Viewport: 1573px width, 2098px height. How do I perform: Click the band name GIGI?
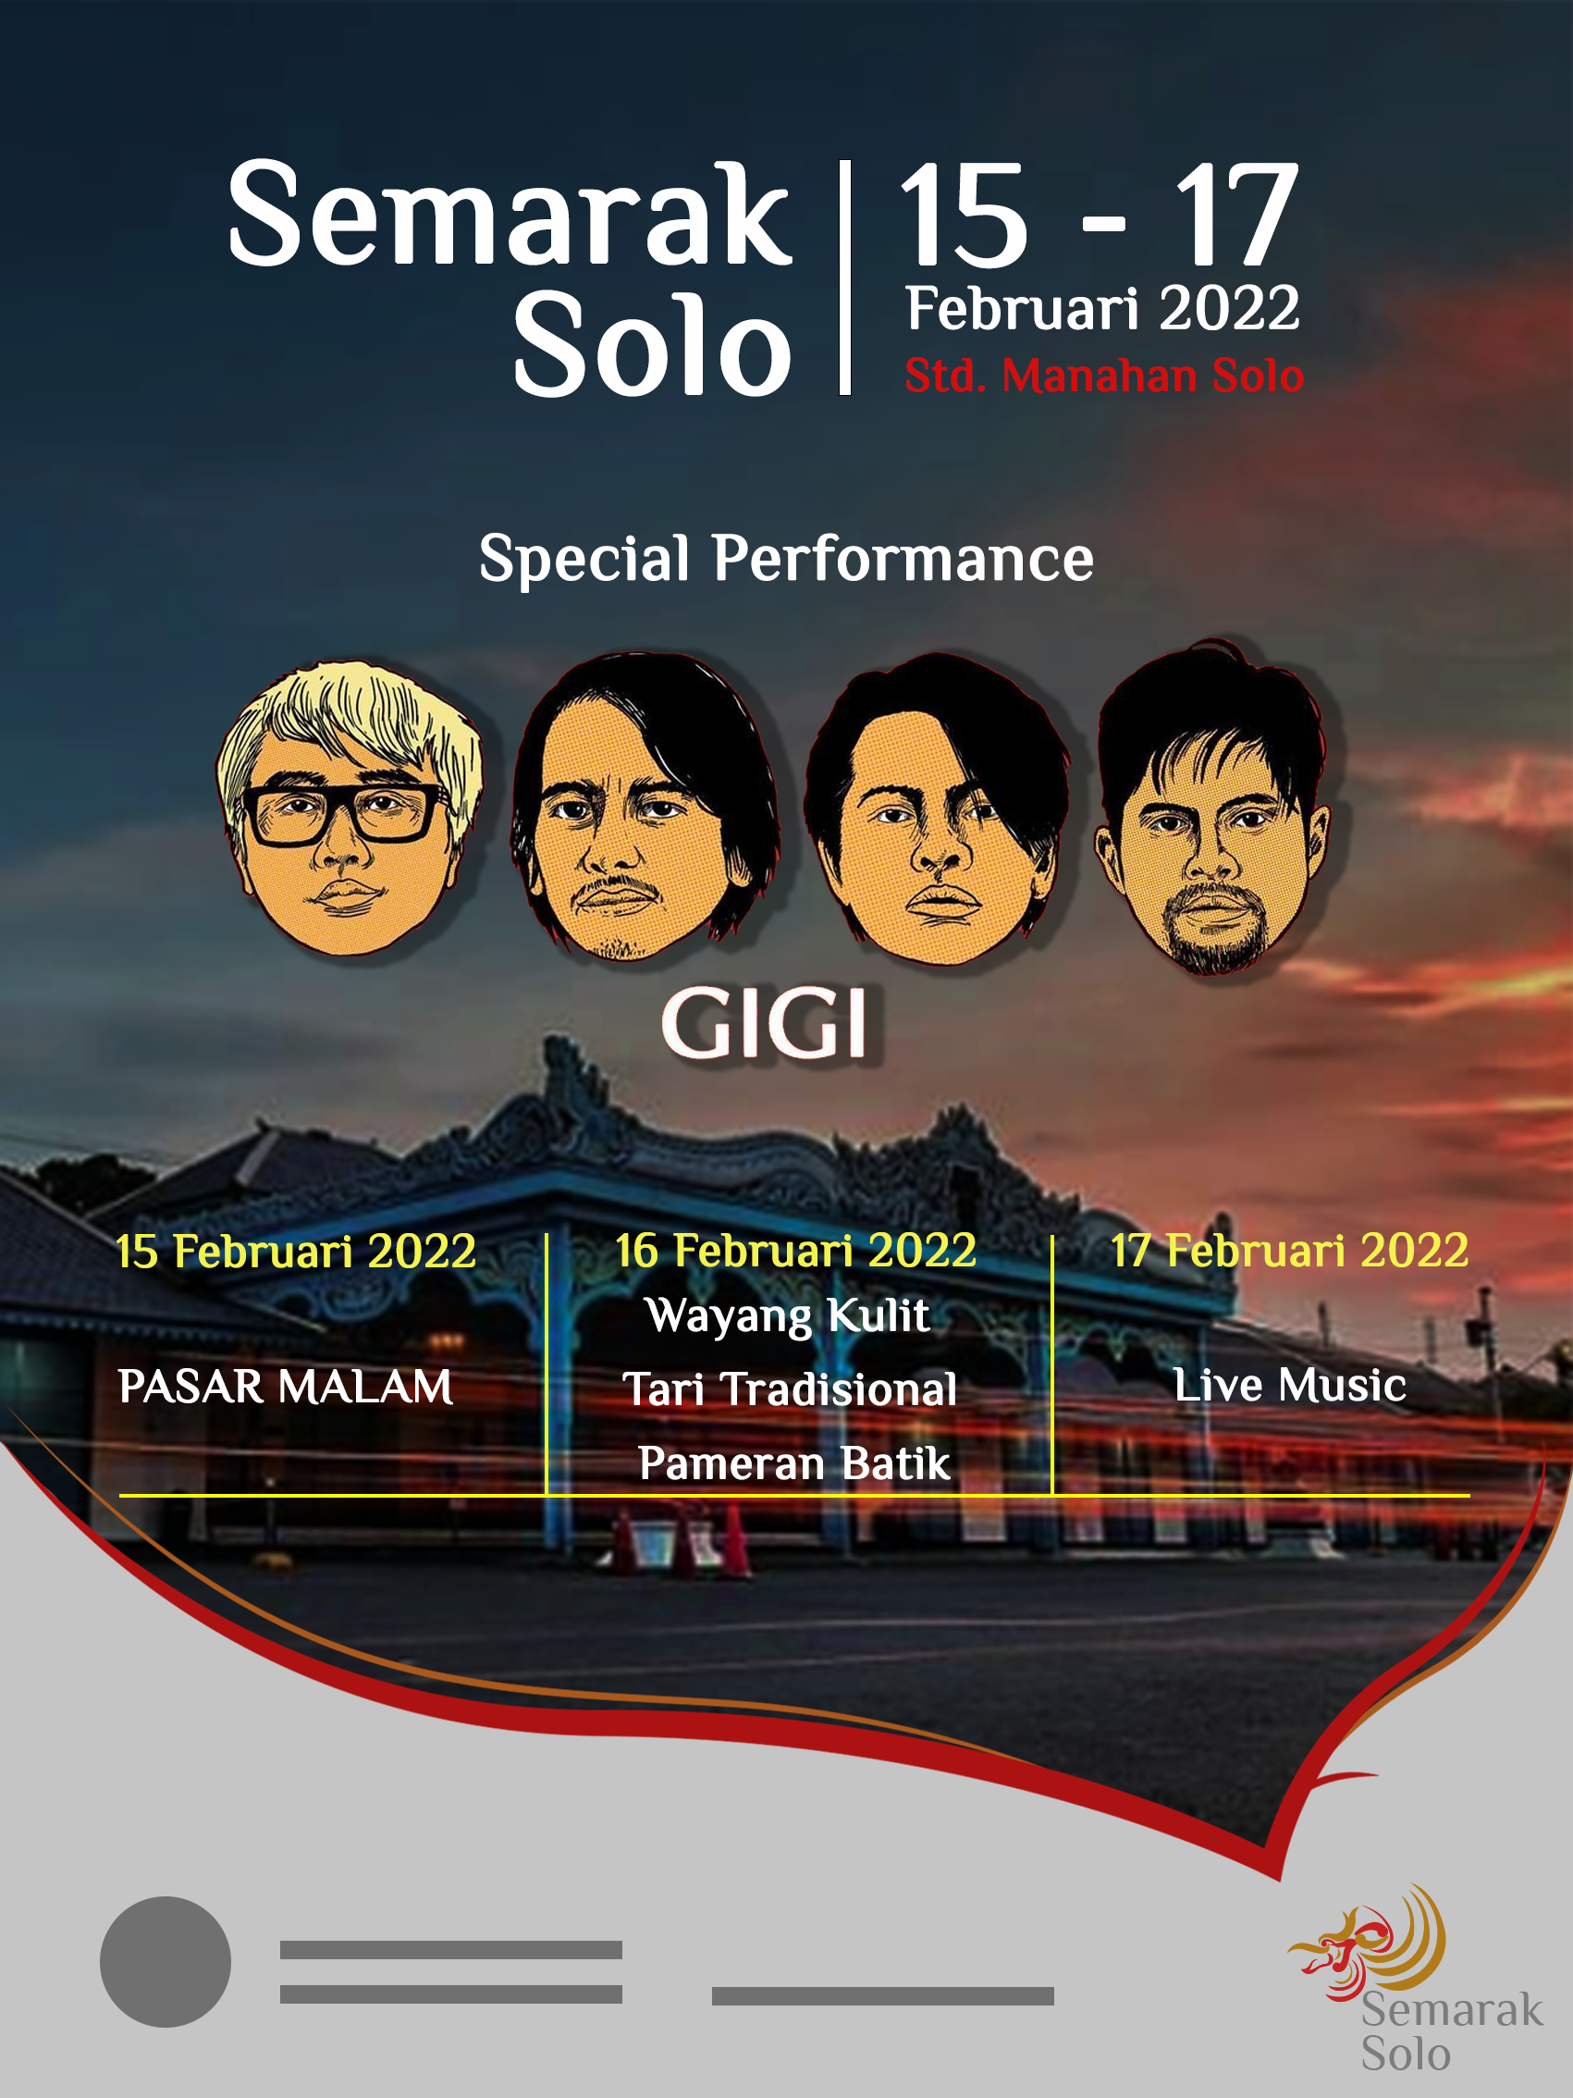pos(764,1022)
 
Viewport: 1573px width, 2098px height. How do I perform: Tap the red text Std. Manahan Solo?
pos(1103,376)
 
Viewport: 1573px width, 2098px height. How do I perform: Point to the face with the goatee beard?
pos(1211,808)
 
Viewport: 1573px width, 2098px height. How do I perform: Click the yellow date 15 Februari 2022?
pos(296,1251)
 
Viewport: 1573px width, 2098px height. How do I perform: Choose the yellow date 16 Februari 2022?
pos(795,1250)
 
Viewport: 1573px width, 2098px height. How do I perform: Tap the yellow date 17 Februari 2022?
pos(1289,1250)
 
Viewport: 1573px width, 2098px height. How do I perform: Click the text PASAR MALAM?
pos(286,1387)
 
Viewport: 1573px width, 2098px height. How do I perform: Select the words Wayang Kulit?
pos(788,1316)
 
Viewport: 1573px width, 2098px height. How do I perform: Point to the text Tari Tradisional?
pos(790,1389)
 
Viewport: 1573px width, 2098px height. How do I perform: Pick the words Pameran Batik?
pos(794,1462)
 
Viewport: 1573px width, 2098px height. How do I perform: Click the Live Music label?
pos(1289,1385)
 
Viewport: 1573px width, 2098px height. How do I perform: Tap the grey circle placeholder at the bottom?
pos(165,1961)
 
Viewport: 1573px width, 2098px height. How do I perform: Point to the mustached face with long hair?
pos(645,808)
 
